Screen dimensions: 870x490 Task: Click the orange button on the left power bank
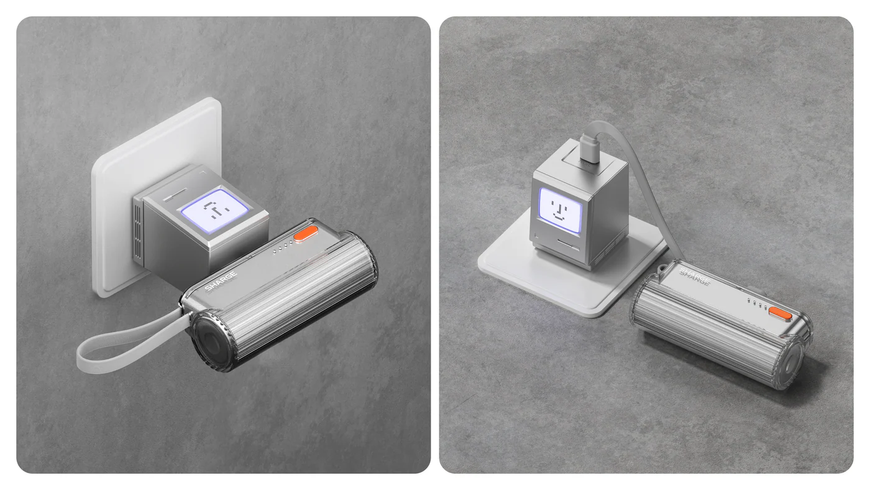click(306, 234)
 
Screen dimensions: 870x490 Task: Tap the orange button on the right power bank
click(780, 313)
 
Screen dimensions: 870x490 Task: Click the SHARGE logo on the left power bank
click(221, 281)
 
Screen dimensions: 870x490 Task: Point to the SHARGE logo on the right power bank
click(695, 276)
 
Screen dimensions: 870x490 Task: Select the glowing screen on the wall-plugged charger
click(214, 211)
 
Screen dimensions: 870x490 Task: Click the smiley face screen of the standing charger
click(560, 211)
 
